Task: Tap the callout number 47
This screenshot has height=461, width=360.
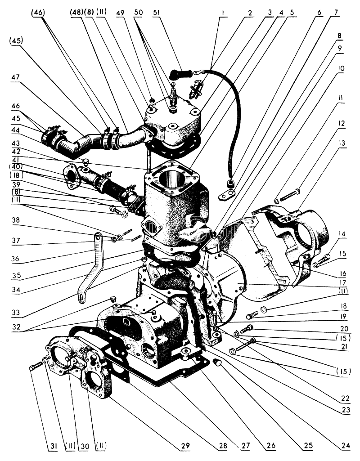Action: (15, 77)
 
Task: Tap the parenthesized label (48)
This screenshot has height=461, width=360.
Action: (76, 13)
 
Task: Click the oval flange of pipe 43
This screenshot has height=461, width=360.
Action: (71, 176)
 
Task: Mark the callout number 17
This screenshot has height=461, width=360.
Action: (342, 283)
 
